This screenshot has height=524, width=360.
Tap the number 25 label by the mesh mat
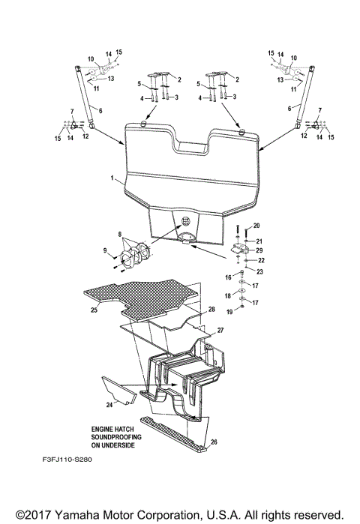point(93,309)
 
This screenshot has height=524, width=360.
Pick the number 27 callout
point(220,330)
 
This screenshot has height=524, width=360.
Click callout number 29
point(259,250)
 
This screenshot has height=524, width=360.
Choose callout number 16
point(228,277)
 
